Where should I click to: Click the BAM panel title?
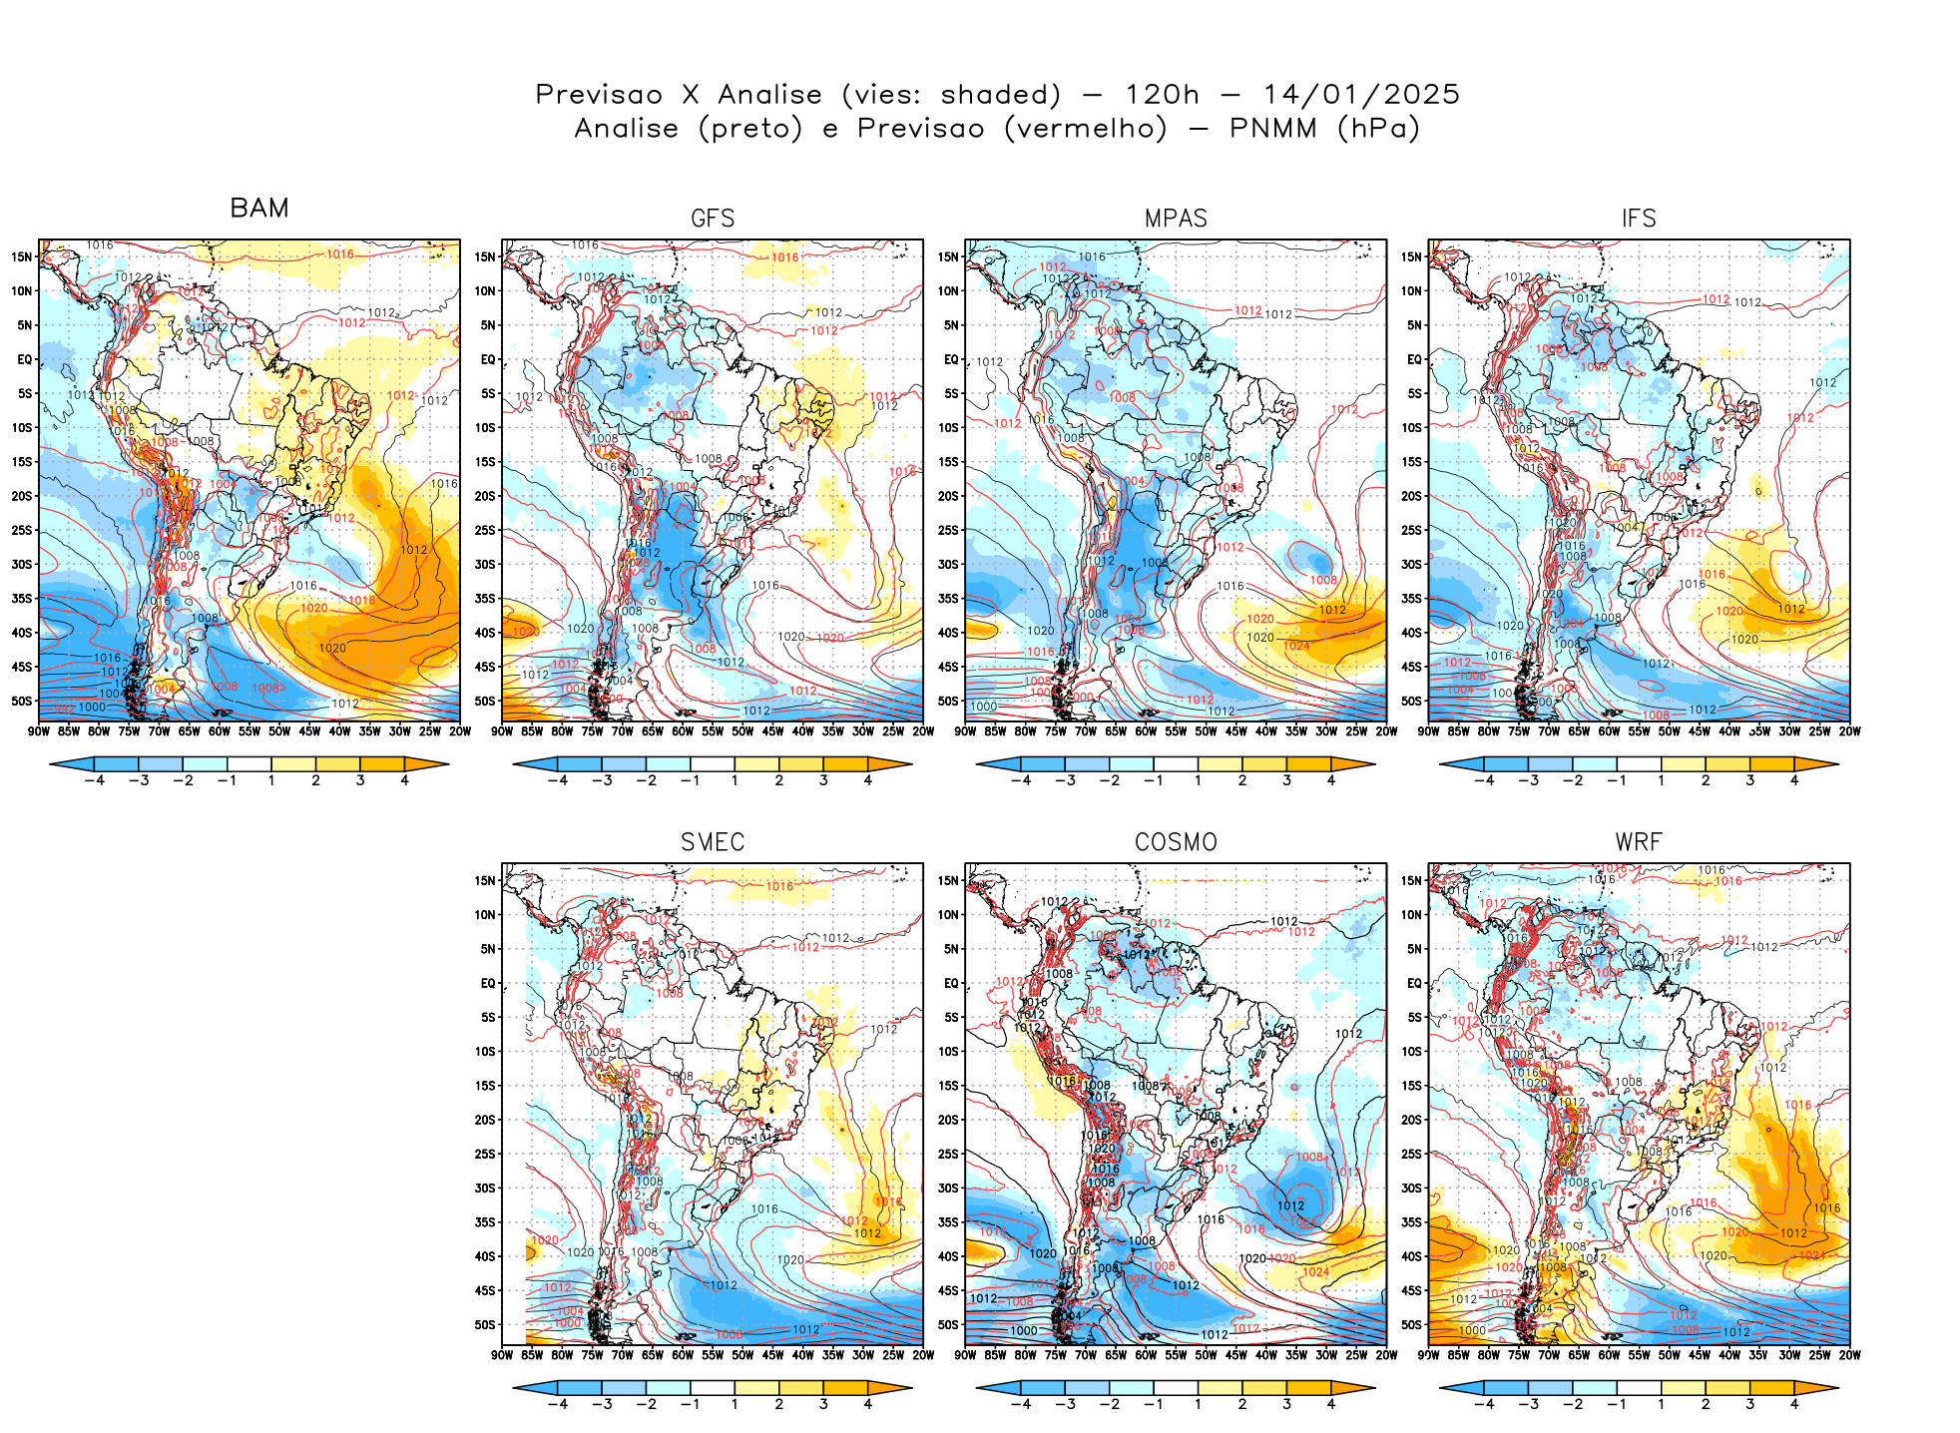(259, 208)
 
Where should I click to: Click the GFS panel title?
(713, 219)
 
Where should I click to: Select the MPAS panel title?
(1176, 219)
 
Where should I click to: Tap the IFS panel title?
(1639, 219)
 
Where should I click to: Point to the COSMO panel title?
(1176, 842)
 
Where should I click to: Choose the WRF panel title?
(1639, 842)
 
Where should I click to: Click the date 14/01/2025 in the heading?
(1361, 95)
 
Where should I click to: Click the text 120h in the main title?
(1162, 95)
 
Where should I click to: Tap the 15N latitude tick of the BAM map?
(22, 256)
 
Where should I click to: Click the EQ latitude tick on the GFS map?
(488, 359)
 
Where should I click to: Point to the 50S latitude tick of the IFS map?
(1411, 701)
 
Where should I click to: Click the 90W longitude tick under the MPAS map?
(965, 731)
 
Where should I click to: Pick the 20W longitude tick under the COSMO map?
(1386, 1355)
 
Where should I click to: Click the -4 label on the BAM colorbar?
(95, 780)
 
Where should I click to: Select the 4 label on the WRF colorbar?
(1794, 1404)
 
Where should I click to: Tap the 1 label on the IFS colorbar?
(1662, 780)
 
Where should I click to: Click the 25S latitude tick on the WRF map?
(1411, 1154)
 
